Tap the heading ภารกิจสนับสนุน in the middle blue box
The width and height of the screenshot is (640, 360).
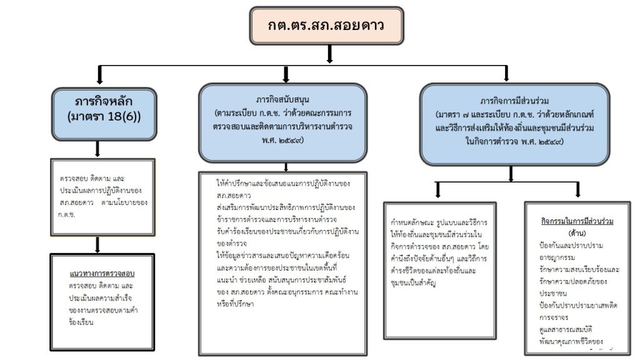(284, 99)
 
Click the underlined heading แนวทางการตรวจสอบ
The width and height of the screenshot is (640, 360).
(103, 274)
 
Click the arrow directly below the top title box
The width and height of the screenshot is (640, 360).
(330, 55)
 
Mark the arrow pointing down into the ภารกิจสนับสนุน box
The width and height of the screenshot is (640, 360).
(286, 75)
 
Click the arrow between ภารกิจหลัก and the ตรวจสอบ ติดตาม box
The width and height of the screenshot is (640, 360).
(97, 149)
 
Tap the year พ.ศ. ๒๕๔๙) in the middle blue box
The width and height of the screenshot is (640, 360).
(284, 142)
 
